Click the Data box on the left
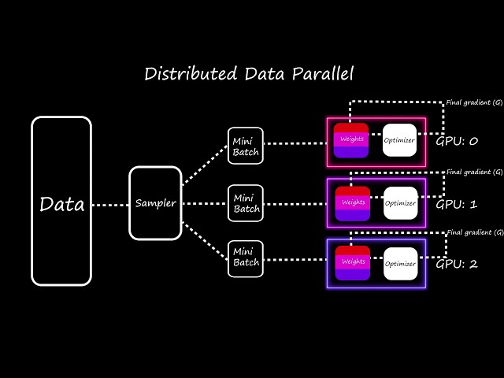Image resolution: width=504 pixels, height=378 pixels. pos(61,201)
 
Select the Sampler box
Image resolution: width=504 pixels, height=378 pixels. pos(155,203)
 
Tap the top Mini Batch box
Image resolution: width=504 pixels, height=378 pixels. pos(245,145)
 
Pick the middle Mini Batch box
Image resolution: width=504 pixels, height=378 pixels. pos(245,203)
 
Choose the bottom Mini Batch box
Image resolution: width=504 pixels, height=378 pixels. pos(245,258)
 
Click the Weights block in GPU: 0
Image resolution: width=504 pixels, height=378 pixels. pos(351,140)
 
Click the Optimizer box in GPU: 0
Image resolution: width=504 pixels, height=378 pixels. pos(399,140)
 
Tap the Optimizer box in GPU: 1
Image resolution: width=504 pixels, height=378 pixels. pos(400,203)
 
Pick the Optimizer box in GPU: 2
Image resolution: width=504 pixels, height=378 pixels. pos(400,263)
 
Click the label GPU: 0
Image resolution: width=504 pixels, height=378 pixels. pos(457,141)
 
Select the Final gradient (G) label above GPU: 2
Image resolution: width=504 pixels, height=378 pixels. pos(474,232)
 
